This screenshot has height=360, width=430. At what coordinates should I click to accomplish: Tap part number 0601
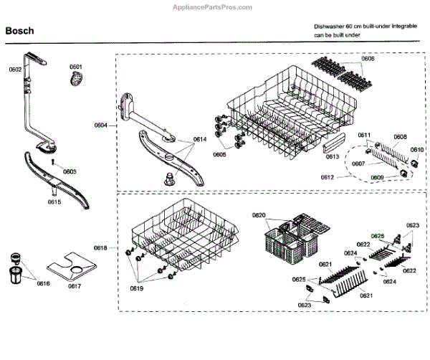tap(77, 67)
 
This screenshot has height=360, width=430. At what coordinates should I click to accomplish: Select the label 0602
tap(15, 70)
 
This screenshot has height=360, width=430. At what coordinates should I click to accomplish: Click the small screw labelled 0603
tap(55, 164)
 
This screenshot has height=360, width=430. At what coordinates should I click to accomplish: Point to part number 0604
tap(100, 125)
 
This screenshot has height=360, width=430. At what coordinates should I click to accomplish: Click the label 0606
tap(368, 59)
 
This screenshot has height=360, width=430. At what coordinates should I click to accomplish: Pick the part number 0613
tap(333, 156)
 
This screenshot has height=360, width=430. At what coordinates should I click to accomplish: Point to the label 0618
tap(100, 248)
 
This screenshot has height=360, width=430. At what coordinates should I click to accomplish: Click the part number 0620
tap(259, 215)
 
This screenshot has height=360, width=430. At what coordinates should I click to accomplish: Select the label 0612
tap(328, 176)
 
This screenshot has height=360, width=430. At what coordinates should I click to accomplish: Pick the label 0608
tap(400, 137)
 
